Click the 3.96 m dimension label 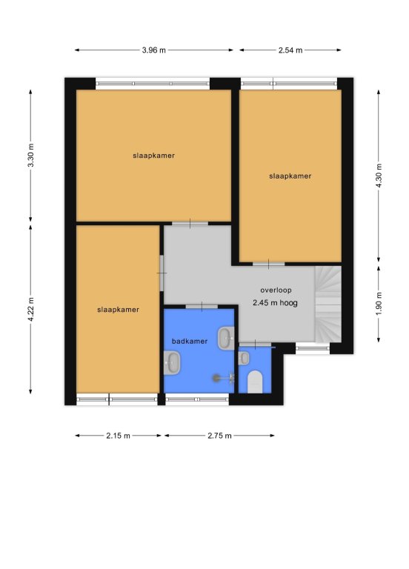point(153,50)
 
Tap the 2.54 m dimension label point(290,50)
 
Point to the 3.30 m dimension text point(31,156)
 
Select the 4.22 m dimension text point(31,309)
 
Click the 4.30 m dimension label point(379,176)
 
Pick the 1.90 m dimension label point(379,303)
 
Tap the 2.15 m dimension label point(118,436)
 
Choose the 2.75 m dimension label point(219,436)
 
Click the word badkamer point(190,341)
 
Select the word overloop point(276,290)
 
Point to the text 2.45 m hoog point(275,302)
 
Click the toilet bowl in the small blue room point(255,382)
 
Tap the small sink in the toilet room point(244,358)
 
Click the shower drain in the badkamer point(216,378)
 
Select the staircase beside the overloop point(328,304)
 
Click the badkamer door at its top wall point(202,307)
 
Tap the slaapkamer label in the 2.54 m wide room point(290,176)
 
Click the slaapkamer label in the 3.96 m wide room point(153,156)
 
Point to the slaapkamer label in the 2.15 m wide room point(118,310)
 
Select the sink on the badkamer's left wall point(172,362)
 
